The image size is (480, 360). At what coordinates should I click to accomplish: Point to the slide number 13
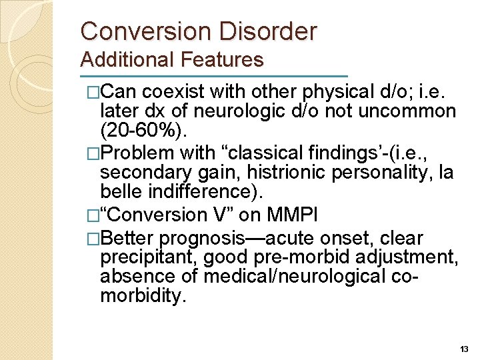click(x=464, y=349)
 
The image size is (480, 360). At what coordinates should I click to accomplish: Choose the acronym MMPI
click(x=302, y=215)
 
